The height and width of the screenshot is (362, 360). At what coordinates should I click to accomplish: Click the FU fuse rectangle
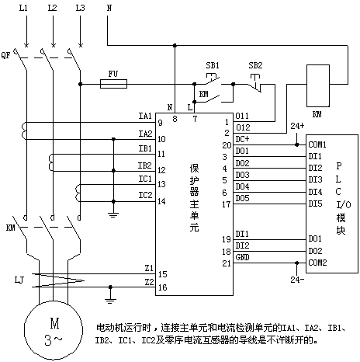pos(113,84)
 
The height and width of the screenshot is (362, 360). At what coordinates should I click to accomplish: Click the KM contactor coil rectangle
pos(318,85)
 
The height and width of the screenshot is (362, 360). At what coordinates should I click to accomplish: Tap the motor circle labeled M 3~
pos(54,330)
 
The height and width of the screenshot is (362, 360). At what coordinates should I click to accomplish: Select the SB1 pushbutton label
pos(213,65)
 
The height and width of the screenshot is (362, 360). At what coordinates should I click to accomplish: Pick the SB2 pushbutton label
pos(255,65)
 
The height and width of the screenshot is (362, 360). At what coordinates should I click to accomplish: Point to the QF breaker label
pos(5,55)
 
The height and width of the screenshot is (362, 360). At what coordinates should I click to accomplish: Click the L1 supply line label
pos(23,8)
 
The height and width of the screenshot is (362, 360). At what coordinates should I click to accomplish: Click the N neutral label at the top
pos(109,8)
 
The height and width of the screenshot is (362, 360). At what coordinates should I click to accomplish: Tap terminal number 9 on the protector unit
pos(161,123)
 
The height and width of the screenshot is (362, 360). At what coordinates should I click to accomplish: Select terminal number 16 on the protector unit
pos(162,287)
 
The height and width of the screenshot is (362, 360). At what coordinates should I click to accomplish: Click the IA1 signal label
pos(145,116)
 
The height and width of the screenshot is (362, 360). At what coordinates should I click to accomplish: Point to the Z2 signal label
pos(149,282)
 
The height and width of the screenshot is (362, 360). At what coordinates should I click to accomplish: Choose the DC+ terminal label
pos(242,139)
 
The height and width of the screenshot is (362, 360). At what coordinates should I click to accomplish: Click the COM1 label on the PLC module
pos(317,144)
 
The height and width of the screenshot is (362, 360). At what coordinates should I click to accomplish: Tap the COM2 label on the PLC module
pos(317,263)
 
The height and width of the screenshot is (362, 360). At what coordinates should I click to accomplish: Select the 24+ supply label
pos(297,126)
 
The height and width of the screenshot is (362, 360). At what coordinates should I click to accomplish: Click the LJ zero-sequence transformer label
pos(19,280)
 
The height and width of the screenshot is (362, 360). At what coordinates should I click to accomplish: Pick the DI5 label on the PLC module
pos(315,204)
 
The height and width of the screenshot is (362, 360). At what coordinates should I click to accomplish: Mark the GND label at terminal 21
pos(242,257)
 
